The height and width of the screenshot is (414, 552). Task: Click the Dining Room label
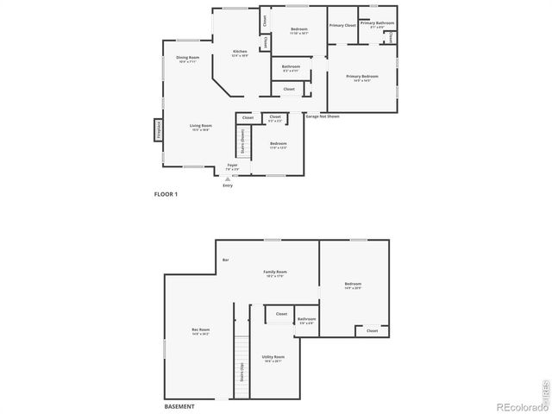click(x=188, y=60)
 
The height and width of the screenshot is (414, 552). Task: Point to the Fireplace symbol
click(x=159, y=129)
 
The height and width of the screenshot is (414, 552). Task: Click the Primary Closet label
click(x=342, y=26)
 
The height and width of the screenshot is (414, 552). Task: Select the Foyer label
click(x=233, y=166)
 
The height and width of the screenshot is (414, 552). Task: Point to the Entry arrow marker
click(x=228, y=179)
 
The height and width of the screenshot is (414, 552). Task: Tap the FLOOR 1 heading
click(x=165, y=195)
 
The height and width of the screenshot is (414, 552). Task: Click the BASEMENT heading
click(x=179, y=406)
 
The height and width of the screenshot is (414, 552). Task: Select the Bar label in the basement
click(x=226, y=260)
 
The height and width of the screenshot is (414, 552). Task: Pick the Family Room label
click(x=275, y=273)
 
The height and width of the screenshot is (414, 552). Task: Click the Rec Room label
click(x=200, y=330)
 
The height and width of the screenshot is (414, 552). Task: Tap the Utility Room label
click(x=273, y=358)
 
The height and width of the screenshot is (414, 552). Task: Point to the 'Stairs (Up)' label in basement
click(x=241, y=371)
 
